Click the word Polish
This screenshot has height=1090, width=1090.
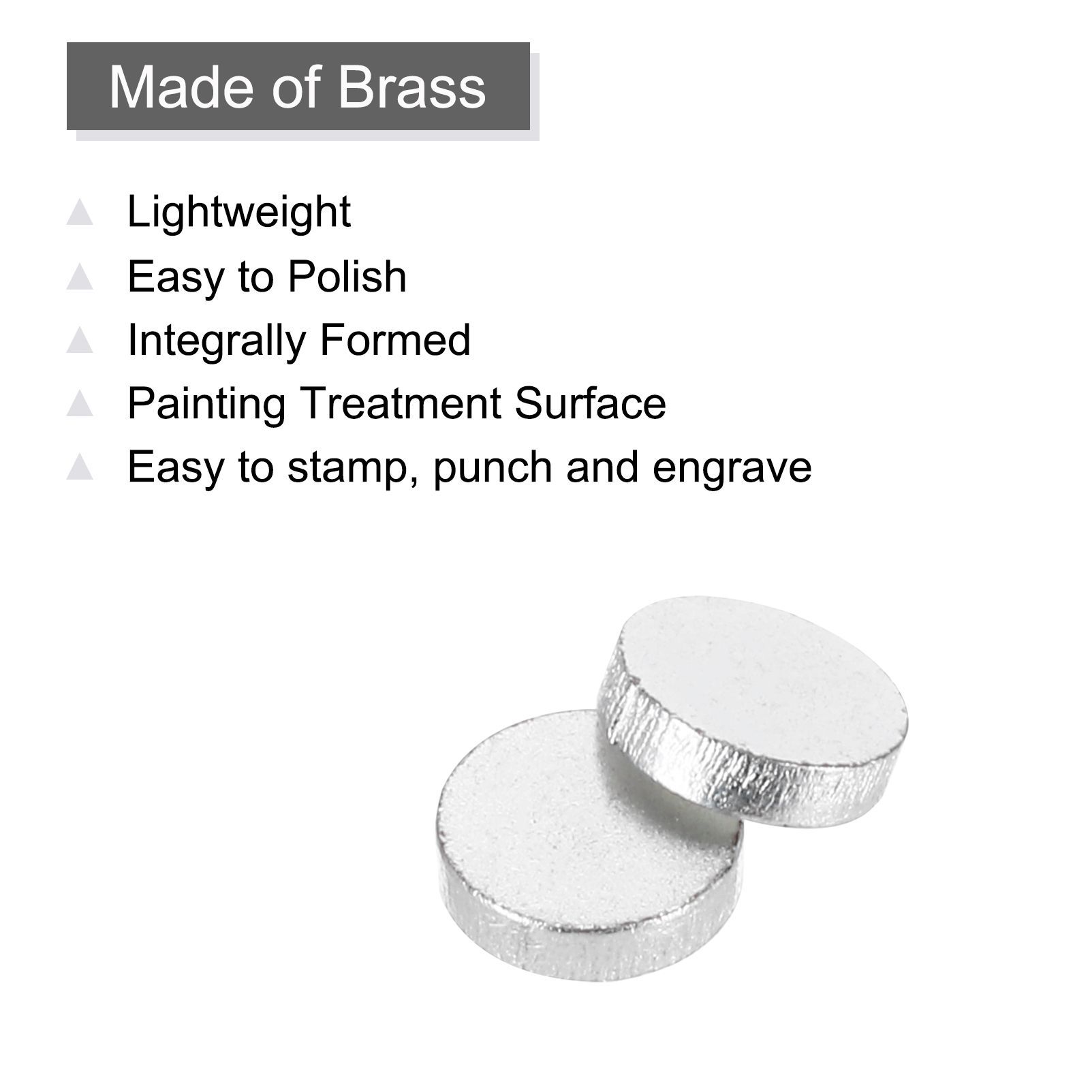point(347,276)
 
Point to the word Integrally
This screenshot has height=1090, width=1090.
point(216,341)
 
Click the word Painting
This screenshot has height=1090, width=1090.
point(206,405)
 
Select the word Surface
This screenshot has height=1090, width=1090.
point(591,403)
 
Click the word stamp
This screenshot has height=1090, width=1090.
point(352,469)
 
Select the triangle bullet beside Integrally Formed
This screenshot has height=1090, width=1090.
point(80,340)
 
